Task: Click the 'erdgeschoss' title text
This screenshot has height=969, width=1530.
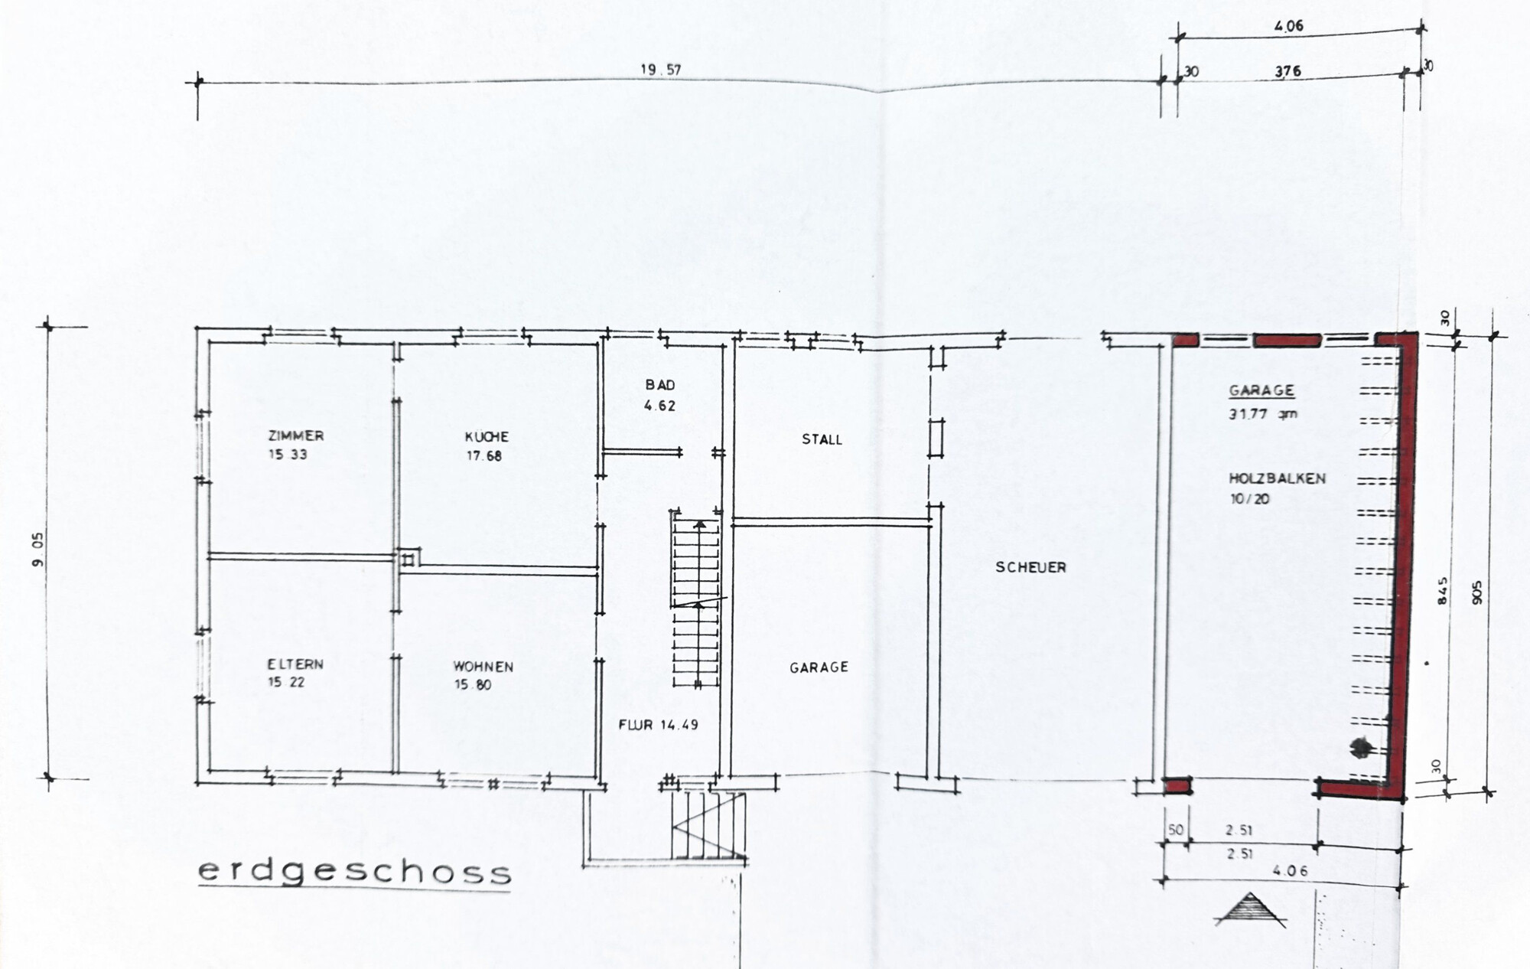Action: (354, 873)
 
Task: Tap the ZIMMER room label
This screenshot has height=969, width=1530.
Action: (296, 436)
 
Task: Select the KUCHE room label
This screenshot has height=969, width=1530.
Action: (487, 437)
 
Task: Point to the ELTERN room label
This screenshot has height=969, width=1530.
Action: (295, 664)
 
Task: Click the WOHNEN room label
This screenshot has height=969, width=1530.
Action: (483, 667)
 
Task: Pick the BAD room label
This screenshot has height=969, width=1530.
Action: (660, 385)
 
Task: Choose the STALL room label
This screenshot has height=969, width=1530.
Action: (822, 439)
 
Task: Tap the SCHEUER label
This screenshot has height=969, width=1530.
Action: (1030, 567)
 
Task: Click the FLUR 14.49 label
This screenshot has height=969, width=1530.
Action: (659, 724)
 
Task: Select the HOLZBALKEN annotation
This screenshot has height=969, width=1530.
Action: (1277, 478)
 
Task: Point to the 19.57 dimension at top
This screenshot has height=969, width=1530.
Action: (661, 70)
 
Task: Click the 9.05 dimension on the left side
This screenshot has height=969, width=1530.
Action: (39, 550)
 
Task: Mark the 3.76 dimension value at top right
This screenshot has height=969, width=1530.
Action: (1287, 72)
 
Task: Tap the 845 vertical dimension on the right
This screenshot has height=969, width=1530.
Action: (1443, 592)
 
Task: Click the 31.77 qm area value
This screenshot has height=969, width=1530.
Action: (1263, 414)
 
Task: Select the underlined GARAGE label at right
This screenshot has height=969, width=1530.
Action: (1261, 390)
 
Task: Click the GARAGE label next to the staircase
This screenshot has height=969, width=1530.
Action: (819, 667)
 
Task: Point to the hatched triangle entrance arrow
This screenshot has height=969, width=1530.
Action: (1250, 910)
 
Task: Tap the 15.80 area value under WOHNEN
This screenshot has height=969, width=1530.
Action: (473, 685)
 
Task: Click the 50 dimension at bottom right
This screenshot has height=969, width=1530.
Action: (1175, 830)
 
